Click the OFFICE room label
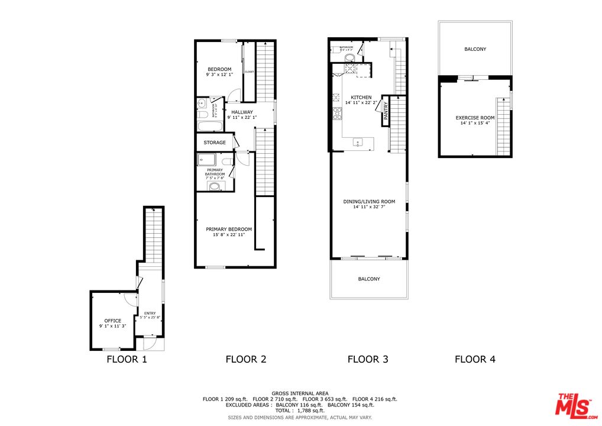[x=112, y=321]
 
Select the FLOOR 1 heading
[x=127, y=359]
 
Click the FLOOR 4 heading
[x=475, y=359]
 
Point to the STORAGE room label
[x=215, y=143]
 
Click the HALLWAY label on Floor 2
[x=242, y=112]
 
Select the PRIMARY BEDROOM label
[x=229, y=229]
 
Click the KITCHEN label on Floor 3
[x=361, y=97]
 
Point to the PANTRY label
[x=386, y=111]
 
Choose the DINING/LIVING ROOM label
[x=369, y=202]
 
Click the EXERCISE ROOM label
[x=475, y=118]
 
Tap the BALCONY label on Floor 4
[x=475, y=49]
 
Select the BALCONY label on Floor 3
[x=369, y=279]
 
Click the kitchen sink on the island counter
[x=358, y=143]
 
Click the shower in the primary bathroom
[x=206, y=159]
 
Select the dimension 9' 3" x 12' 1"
[x=219, y=75]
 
